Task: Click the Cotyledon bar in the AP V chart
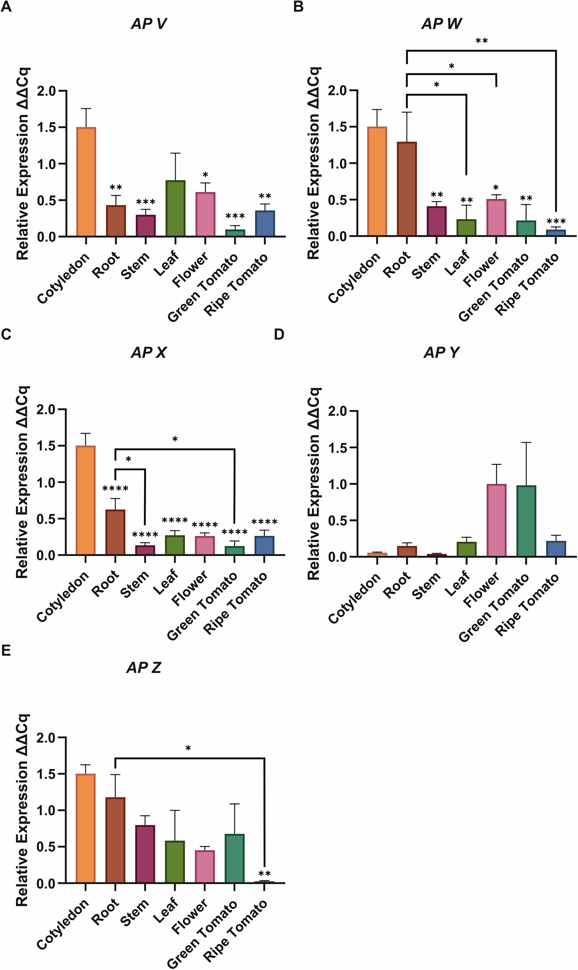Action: coord(86,182)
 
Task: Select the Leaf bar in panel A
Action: coord(176,208)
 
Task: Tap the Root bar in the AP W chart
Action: coord(407,189)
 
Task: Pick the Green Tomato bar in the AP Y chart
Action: coord(526,521)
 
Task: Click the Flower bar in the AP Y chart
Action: coord(496,520)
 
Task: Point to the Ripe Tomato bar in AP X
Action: coord(264,545)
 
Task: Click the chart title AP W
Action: coord(441,24)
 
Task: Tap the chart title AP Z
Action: coord(144,668)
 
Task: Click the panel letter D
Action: coord(279,334)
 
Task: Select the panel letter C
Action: coord(6,334)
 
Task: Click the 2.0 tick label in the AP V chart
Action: coord(47,91)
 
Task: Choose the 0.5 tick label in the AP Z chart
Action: coord(47,847)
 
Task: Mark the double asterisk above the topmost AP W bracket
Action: coord(481,41)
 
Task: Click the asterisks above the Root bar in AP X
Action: coord(115,488)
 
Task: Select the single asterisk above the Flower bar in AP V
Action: coord(205,175)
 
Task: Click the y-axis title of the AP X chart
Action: coord(22,482)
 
